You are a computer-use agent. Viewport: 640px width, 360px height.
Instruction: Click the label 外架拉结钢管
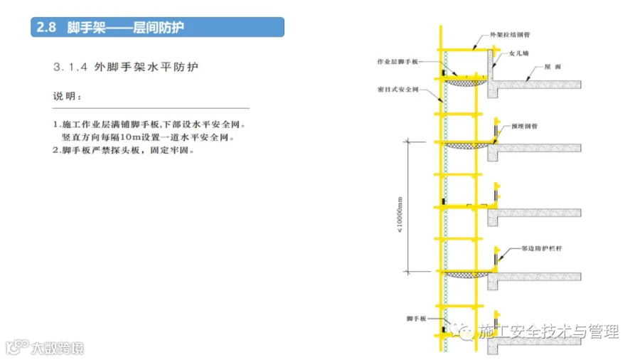(509, 34)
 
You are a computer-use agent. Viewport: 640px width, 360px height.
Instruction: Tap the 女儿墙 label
(519, 53)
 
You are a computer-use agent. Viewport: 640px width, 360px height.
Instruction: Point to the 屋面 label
(553, 66)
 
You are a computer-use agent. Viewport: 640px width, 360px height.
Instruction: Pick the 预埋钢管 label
(524, 125)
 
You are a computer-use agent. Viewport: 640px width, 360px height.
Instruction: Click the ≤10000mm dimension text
(400, 206)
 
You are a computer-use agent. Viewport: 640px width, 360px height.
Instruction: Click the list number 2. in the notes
(56, 150)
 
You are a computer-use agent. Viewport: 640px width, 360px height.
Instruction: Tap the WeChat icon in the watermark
(466, 332)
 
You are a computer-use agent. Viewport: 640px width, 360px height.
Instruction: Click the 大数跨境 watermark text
(57, 348)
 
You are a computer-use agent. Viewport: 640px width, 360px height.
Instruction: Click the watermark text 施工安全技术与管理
(548, 332)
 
